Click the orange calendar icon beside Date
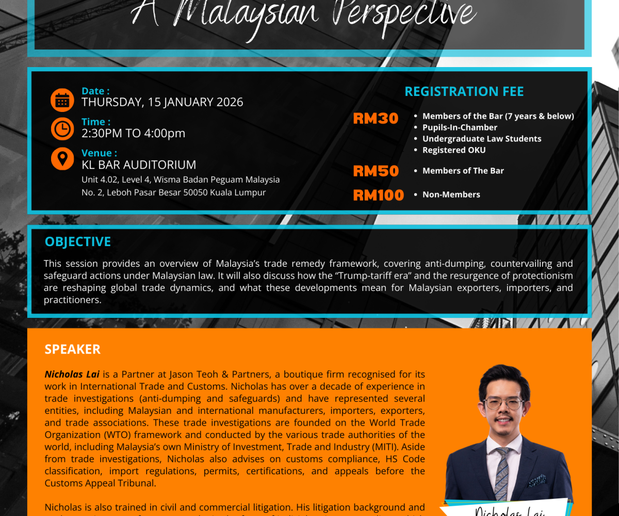point(62,100)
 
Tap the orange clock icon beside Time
point(62,129)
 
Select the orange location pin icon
point(62,159)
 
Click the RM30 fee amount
point(376,119)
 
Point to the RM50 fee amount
point(376,171)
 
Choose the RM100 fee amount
point(378,195)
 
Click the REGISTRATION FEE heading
point(464,92)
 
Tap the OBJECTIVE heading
point(78,242)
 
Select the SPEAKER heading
point(73,349)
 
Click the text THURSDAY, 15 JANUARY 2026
point(162,102)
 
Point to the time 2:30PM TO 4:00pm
point(133,133)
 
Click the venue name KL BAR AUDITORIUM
point(139,165)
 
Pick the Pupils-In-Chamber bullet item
point(460,127)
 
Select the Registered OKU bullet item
point(454,150)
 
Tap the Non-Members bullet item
point(451,195)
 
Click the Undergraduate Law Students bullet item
point(482,139)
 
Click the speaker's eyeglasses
point(503,402)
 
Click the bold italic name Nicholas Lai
point(72,374)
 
